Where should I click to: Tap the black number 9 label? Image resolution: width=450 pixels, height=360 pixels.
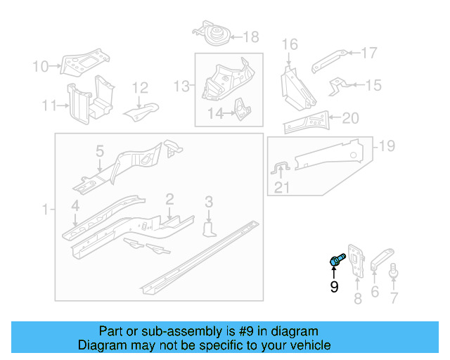(x=334, y=287)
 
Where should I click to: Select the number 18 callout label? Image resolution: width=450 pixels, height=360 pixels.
(x=250, y=37)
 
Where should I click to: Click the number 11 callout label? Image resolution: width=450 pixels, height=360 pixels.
(x=49, y=106)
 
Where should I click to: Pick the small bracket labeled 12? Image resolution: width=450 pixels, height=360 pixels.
(x=142, y=109)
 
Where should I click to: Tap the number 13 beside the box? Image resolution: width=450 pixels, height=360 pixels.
(x=182, y=86)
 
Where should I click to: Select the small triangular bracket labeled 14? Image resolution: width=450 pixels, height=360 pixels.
(x=241, y=109)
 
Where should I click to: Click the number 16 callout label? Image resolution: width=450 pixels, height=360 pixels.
(x=290, y=45)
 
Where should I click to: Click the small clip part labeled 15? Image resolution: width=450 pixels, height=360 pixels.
(x=339, y=86)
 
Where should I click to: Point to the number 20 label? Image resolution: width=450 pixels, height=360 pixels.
(x=350, y=117)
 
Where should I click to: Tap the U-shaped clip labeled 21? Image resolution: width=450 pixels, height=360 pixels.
(x=280, y=169)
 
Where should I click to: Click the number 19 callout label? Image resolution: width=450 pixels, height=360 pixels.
(x=387, y=146)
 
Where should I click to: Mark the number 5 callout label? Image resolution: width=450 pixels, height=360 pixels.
(x=100, y=151)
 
